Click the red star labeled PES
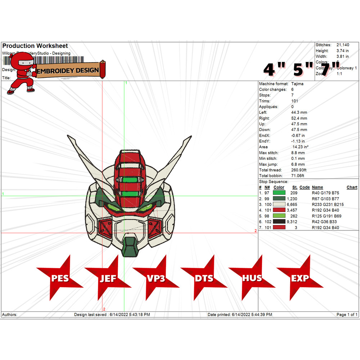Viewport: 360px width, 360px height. pos(60,278)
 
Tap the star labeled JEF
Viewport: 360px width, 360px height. pos(108,278)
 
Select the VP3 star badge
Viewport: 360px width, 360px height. pos(156,278)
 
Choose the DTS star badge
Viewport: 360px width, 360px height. pos(204,278)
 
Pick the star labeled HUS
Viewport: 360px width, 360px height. pos(252,278)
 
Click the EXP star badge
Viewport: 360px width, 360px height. pos(300,278)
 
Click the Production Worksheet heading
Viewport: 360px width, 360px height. pos(35,46)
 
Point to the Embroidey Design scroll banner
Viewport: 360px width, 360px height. pos(68,70)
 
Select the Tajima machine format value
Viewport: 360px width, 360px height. pos(297,84)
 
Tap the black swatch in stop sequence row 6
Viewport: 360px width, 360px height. pos(279,222)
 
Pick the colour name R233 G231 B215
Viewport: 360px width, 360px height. pos(328,204)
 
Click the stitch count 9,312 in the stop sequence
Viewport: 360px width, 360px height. pos(292,222)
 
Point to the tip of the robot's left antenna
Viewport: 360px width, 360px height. pos(68,136)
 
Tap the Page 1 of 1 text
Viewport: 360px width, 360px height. pos(347,315)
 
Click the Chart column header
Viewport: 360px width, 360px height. pos(352,187)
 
